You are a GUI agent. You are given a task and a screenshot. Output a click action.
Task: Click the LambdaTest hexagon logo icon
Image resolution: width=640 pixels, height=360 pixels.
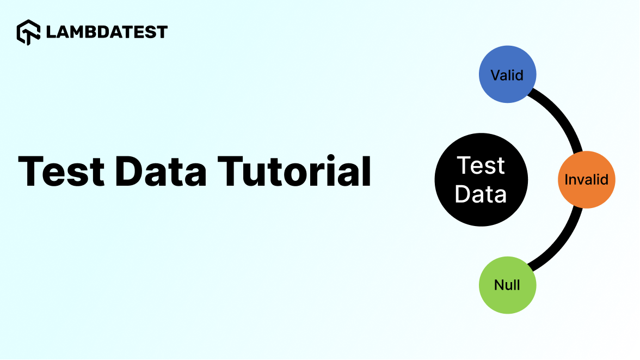tap(28, 32)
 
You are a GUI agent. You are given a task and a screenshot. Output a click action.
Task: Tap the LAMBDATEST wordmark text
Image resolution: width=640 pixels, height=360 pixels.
tap(107, 32)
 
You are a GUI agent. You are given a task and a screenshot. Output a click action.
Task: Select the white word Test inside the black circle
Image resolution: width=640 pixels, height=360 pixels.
tap(481, 166)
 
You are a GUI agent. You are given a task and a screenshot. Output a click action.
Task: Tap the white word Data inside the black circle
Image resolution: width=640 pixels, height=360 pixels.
tap(481, 194)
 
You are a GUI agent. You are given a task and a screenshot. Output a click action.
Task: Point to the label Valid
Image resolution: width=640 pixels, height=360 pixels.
tap(507, 75)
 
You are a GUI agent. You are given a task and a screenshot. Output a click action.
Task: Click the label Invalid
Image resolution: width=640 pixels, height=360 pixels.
tap(586, 179)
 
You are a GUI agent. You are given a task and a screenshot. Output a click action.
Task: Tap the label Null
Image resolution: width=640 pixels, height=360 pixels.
tap(507, 285)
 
